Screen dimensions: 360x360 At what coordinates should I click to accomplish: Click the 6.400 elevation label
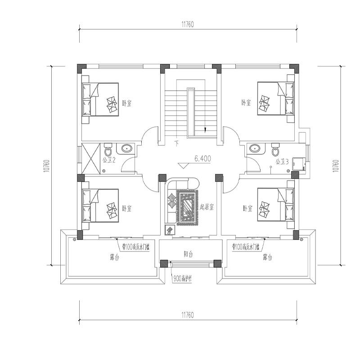[x=202, y=159]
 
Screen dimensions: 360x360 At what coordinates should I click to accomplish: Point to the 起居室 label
[x=207, y=207]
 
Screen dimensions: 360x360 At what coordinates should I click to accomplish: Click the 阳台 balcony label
[x=189, y=254]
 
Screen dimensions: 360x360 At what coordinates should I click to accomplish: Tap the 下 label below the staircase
[x=176, y=144]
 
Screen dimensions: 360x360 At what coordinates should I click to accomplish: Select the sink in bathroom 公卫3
[x=255, y=148]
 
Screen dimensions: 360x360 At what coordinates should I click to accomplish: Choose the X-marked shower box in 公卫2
[x=91, y=159]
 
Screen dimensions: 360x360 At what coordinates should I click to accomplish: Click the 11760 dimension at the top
[x=188, y=25]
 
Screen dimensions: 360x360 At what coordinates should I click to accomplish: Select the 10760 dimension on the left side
[x=45, y=165]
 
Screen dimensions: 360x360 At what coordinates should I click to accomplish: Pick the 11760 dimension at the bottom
[x=188, y=315]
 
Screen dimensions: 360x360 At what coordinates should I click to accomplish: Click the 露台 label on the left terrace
[x=114, y=258]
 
